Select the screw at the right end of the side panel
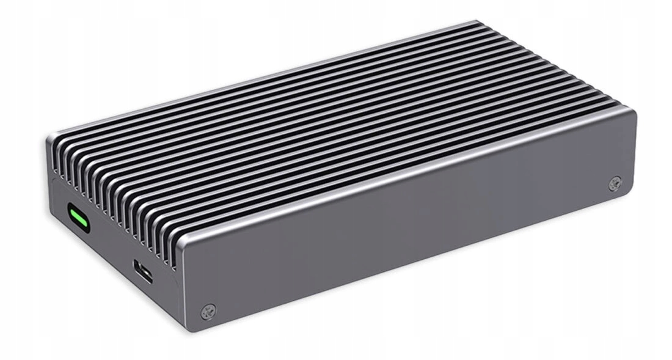tap(615, 182)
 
